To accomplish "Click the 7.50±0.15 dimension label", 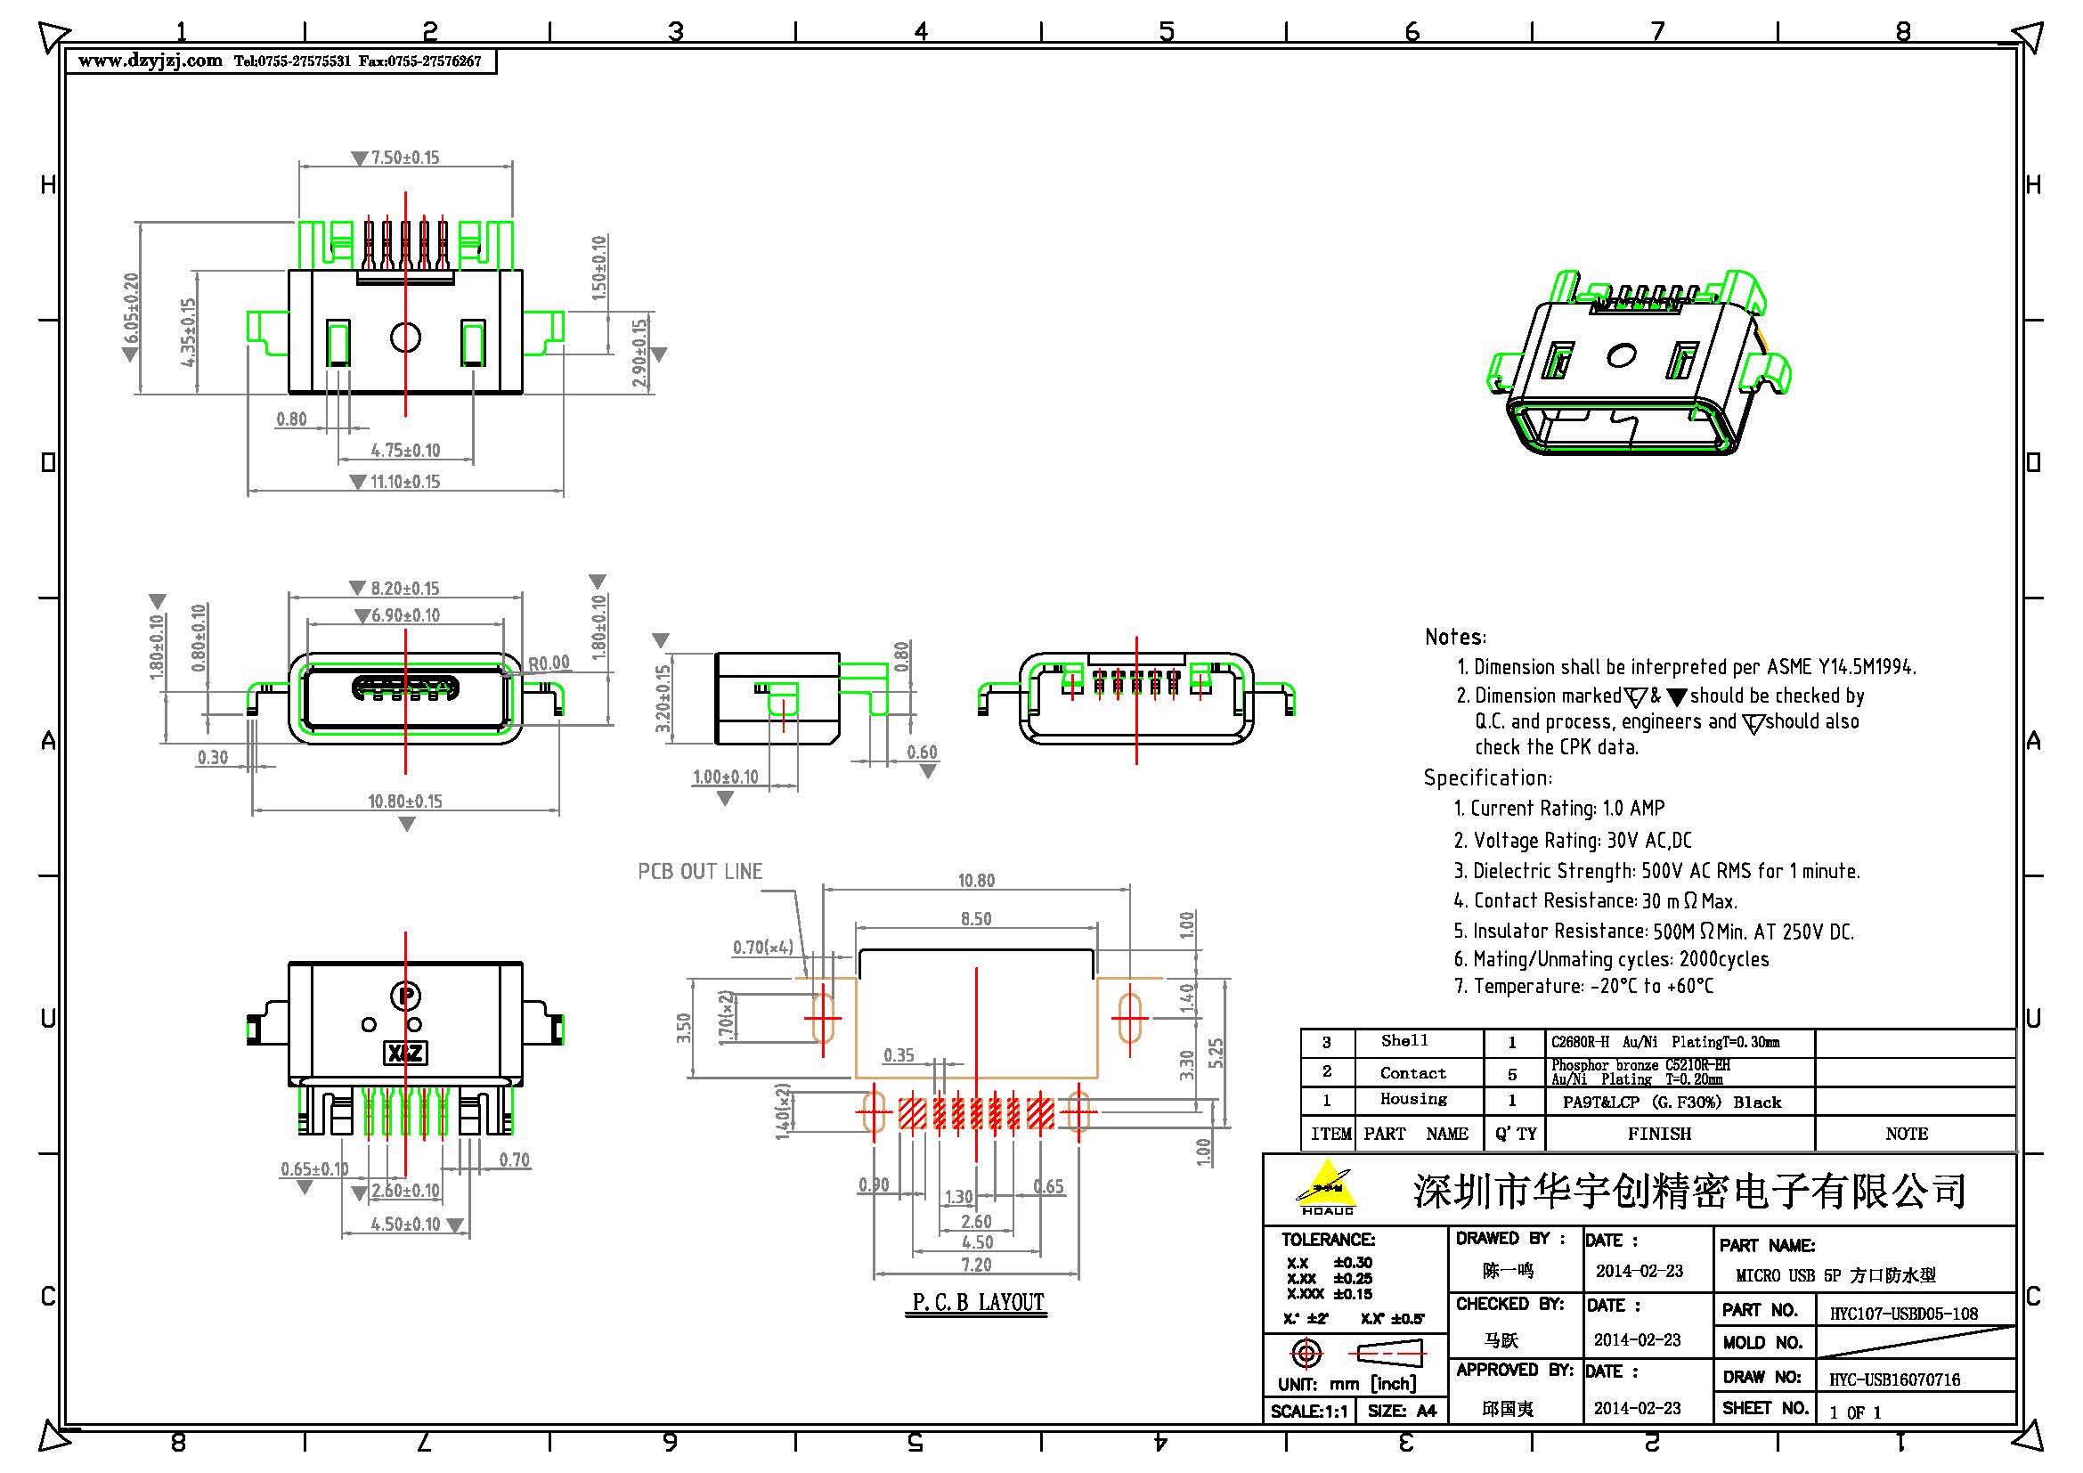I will [x=404, y=158].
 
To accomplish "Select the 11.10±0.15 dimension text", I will [x=404, y=482].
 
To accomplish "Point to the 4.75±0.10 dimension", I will [x=405, y=451].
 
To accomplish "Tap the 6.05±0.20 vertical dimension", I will [x=132, y=308].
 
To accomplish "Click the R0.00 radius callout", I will [x=549, y=663].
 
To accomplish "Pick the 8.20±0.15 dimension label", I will [x=404, y=589].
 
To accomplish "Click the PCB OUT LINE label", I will [x=699, y=872].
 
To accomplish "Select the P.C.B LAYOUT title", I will [x=978, y=1303].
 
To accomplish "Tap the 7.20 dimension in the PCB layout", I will [x=976, y=1265].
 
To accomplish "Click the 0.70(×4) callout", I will [x=763, y=948].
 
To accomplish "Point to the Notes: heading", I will [x=1455, y=637].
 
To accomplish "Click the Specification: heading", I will [x=1487, y=778].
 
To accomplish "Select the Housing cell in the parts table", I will [x=1413, y=1099].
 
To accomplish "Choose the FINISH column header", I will [x=1658, y=1134].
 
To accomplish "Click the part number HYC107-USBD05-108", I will [x=1902, y=1314].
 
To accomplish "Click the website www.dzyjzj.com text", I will [x=151, y=61].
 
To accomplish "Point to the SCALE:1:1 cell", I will [x=1308, y=1412].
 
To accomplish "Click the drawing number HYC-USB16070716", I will [x=1893, y=1379].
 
